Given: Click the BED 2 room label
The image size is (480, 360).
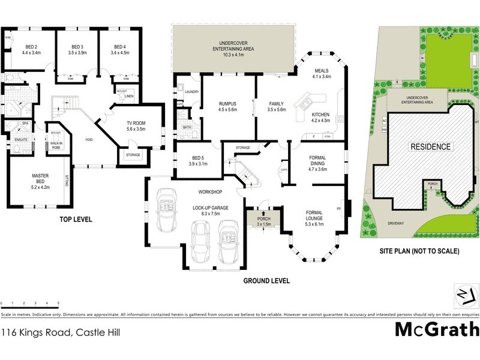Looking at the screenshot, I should click(31, 46).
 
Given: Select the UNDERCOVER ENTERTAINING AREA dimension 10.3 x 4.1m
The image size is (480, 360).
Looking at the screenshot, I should click(235, 55).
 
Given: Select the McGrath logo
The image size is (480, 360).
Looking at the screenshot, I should click(437, 330).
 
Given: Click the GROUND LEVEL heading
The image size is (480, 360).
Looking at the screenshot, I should click(266, 280).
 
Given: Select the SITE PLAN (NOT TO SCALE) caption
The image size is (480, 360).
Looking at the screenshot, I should click(421, 251).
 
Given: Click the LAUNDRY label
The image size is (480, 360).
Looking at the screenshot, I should click(192, 92).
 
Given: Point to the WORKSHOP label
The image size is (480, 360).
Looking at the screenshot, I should click(211, 192).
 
